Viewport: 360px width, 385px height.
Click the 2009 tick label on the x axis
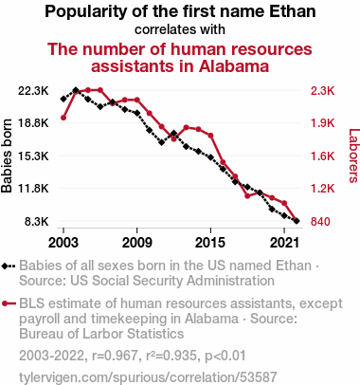[136, 243]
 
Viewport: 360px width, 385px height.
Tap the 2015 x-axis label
[210, 243]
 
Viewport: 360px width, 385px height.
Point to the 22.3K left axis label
[33, 91]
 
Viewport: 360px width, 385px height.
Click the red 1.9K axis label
[322, 123]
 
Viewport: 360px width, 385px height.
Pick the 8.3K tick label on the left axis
[37, 222]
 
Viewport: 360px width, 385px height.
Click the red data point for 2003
[63, 118]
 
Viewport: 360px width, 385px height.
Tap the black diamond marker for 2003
[63, 99]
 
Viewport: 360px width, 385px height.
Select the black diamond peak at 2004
[76, 90]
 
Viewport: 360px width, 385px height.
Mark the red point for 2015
[210, 136]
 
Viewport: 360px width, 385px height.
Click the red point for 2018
[247, 196]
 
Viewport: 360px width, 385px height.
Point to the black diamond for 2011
[162, 142]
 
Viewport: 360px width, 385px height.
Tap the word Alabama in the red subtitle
[234, 66]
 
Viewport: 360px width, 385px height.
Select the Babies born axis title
[7, 156]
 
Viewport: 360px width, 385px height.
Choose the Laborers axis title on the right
[353, 156]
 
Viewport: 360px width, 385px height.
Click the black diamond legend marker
[5, 266]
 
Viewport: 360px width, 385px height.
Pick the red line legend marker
[9, 303]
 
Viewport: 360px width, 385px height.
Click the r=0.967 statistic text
[115, 356]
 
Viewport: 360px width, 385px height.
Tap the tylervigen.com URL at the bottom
[148, 377]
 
